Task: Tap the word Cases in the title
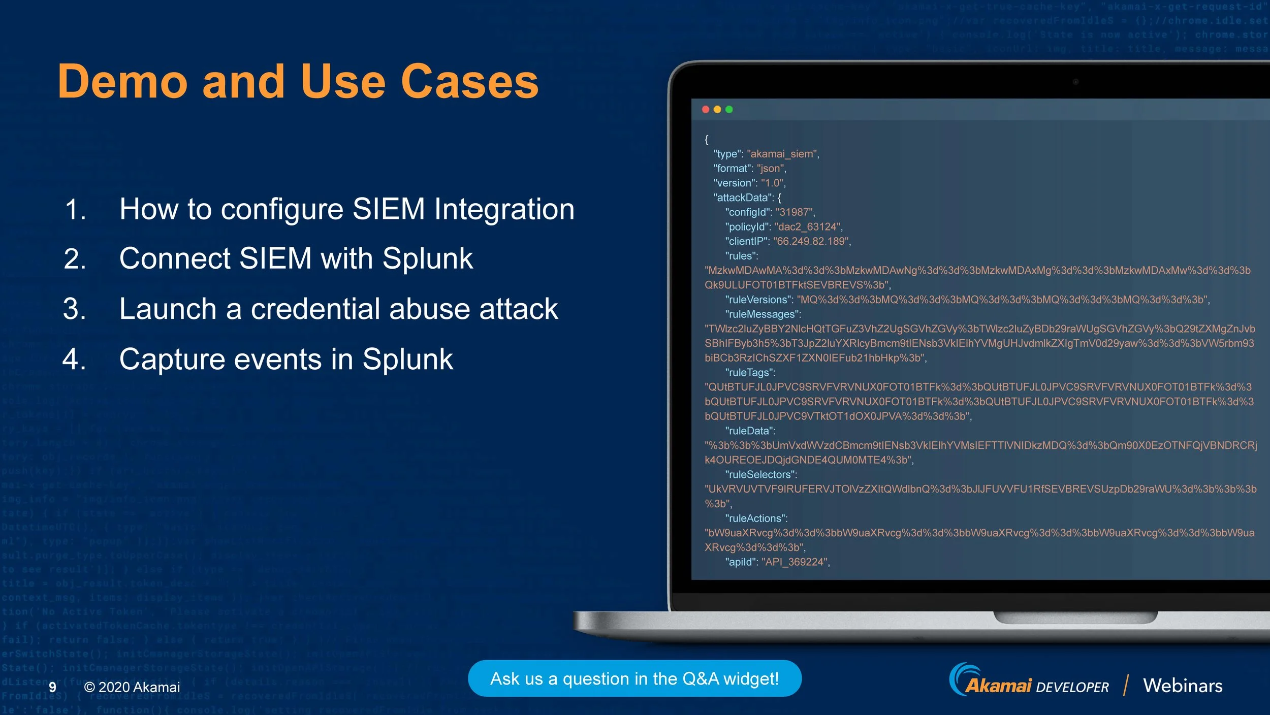pyautogui.click(x=469, y=82)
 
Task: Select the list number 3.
pyautogui.click(x=75, y=309)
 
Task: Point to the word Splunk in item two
pyautogui.click(x=427, y=258)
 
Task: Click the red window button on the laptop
pyautogui.click(x=706, y=109)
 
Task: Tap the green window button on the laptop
pyautogui.click(x=729, y=109)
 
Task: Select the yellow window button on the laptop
pyautogui.click(x=717, y=109)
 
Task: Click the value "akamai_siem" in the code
pyautogui.click(x=782, y=154)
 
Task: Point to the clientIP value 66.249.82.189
pyautogui.click(x=811, y=241)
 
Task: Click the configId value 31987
pyautogui.click(x=795, y=212)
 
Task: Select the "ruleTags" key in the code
pyautogui.click(x=750, y=373)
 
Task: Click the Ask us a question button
pyautogui.click(x=634, y=679)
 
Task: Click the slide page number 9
pyautogui.click(x=52, y=687)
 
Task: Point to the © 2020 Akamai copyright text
pyautogui.click(x=132, y=687)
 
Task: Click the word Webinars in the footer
pyautogui.click(x=1183, y=686)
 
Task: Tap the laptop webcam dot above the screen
pyautogui.click(x=1075, y=82)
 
